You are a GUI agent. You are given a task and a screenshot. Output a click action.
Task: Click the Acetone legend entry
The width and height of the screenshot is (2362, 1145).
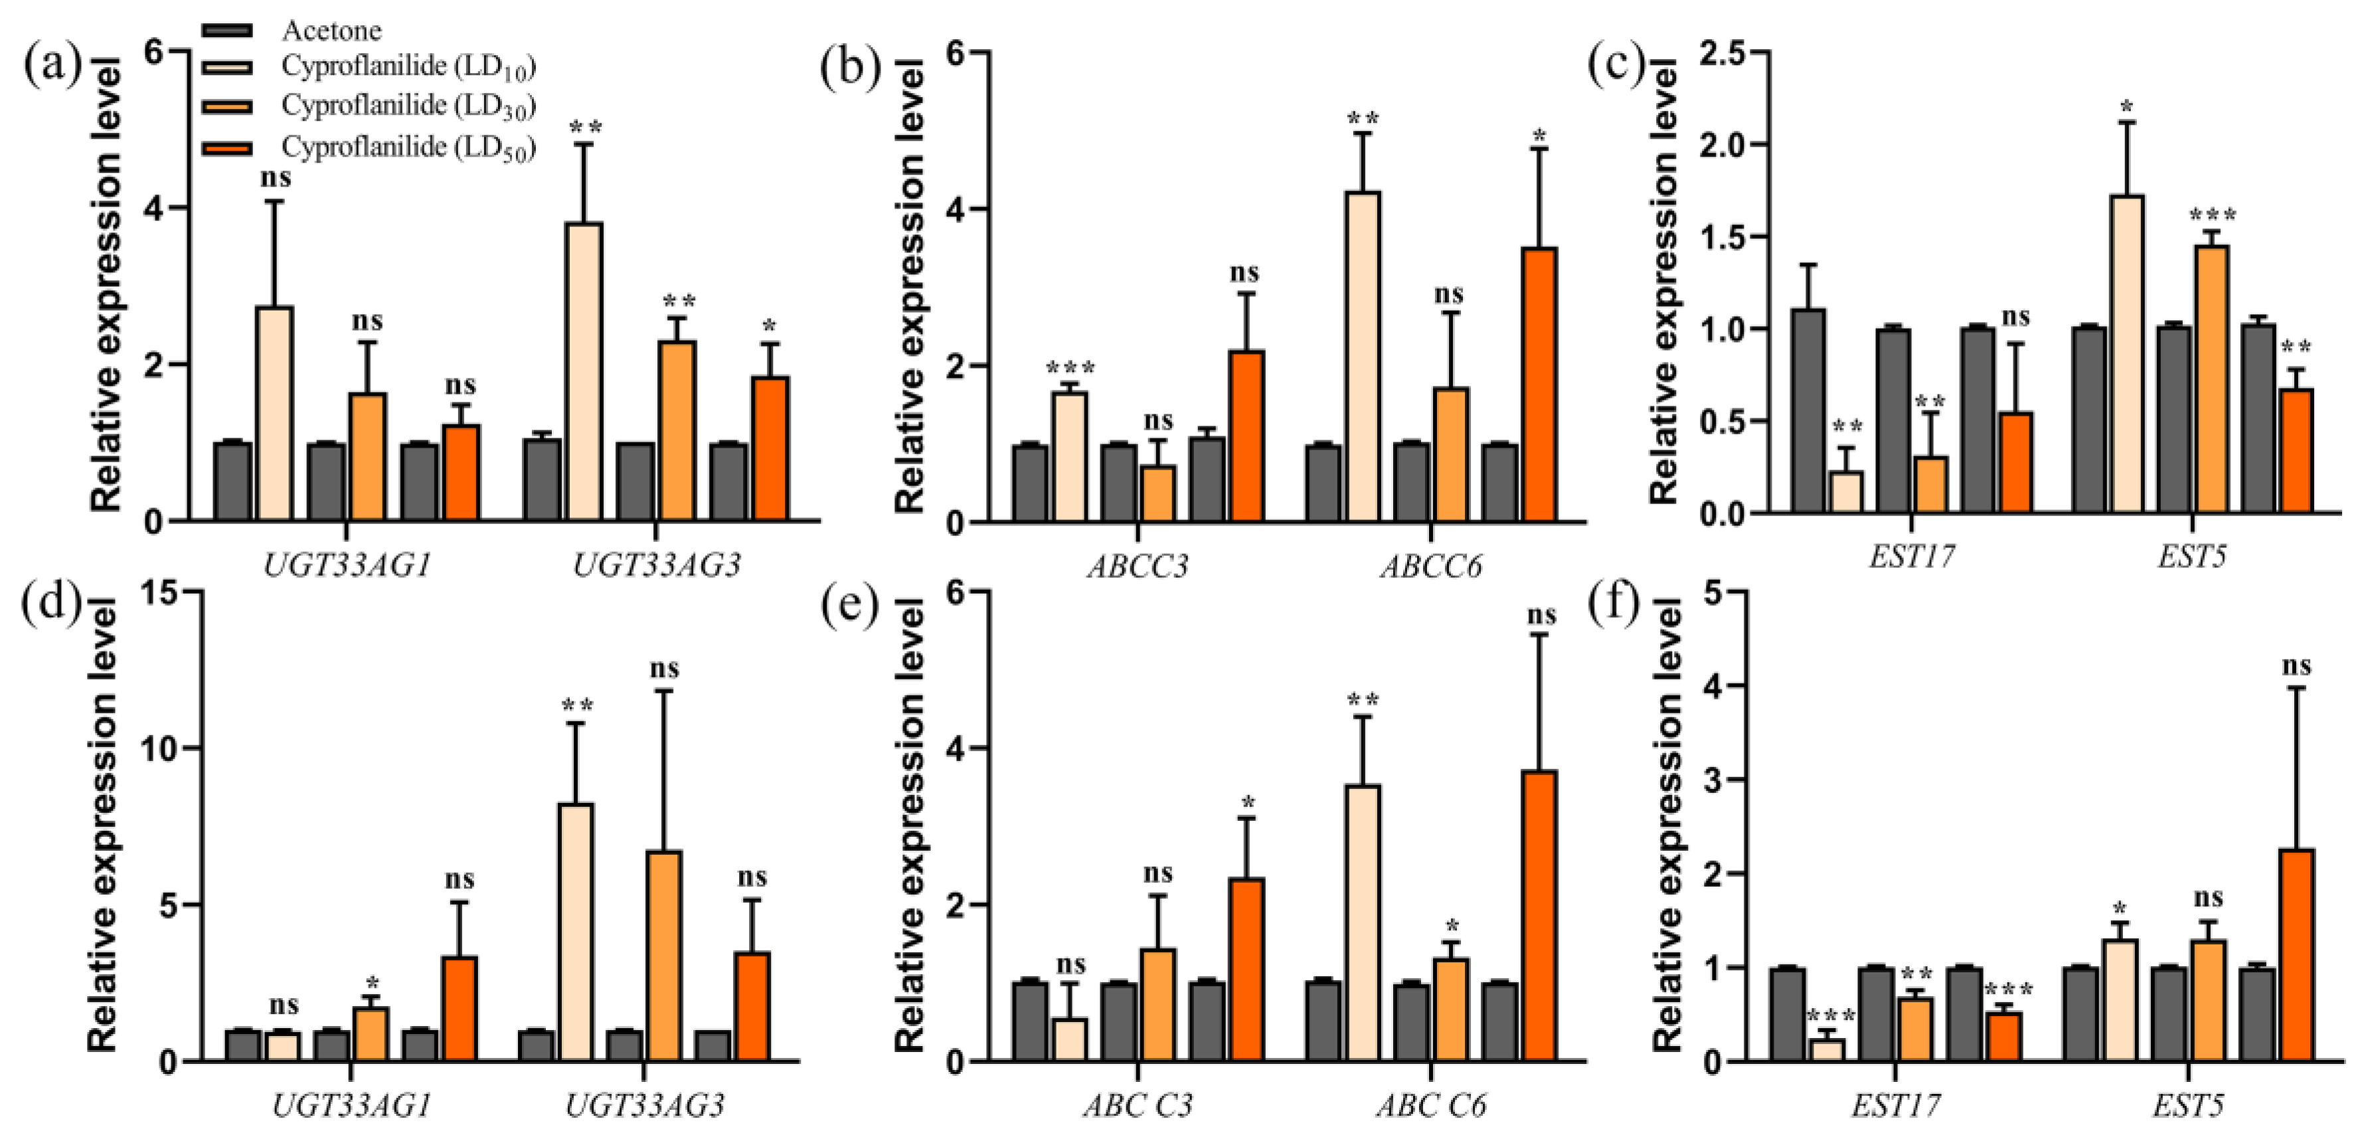(x=331, y=31)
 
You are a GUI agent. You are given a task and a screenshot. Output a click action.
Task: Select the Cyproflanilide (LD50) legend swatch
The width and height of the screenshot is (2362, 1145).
(x=226, y=147)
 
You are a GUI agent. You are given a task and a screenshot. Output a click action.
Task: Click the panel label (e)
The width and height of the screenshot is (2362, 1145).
(x=850, y=606)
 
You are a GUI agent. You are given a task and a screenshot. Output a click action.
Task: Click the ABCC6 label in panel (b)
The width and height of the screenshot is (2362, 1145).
(x=1430, y=567)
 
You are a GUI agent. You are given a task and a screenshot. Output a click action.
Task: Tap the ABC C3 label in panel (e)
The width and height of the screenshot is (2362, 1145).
(x=1138, y=1106)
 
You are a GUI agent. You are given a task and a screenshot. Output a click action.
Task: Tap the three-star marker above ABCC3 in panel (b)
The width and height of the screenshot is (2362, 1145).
(x=1070, y=369)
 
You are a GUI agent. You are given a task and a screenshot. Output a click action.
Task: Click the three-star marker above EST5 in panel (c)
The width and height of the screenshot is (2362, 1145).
(x=2213, y=217)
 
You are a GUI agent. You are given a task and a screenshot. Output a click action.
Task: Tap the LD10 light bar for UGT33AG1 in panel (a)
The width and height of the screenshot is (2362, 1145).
(x=275, y=414)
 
